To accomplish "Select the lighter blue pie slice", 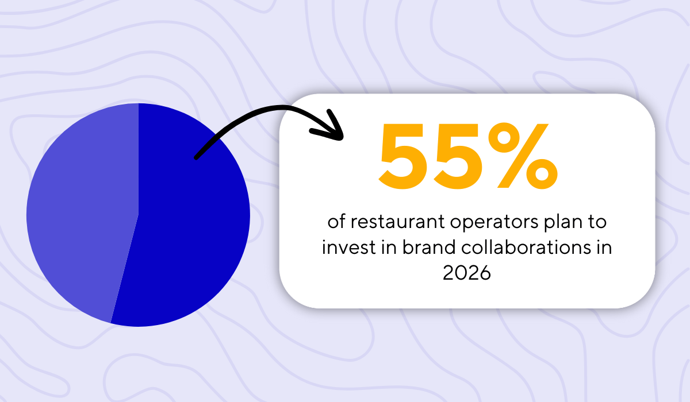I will [80, 218].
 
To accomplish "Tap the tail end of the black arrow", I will [197, 157].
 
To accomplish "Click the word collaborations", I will [526, 248].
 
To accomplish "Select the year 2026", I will [467, 273].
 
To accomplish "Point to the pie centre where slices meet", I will [139, 214].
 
